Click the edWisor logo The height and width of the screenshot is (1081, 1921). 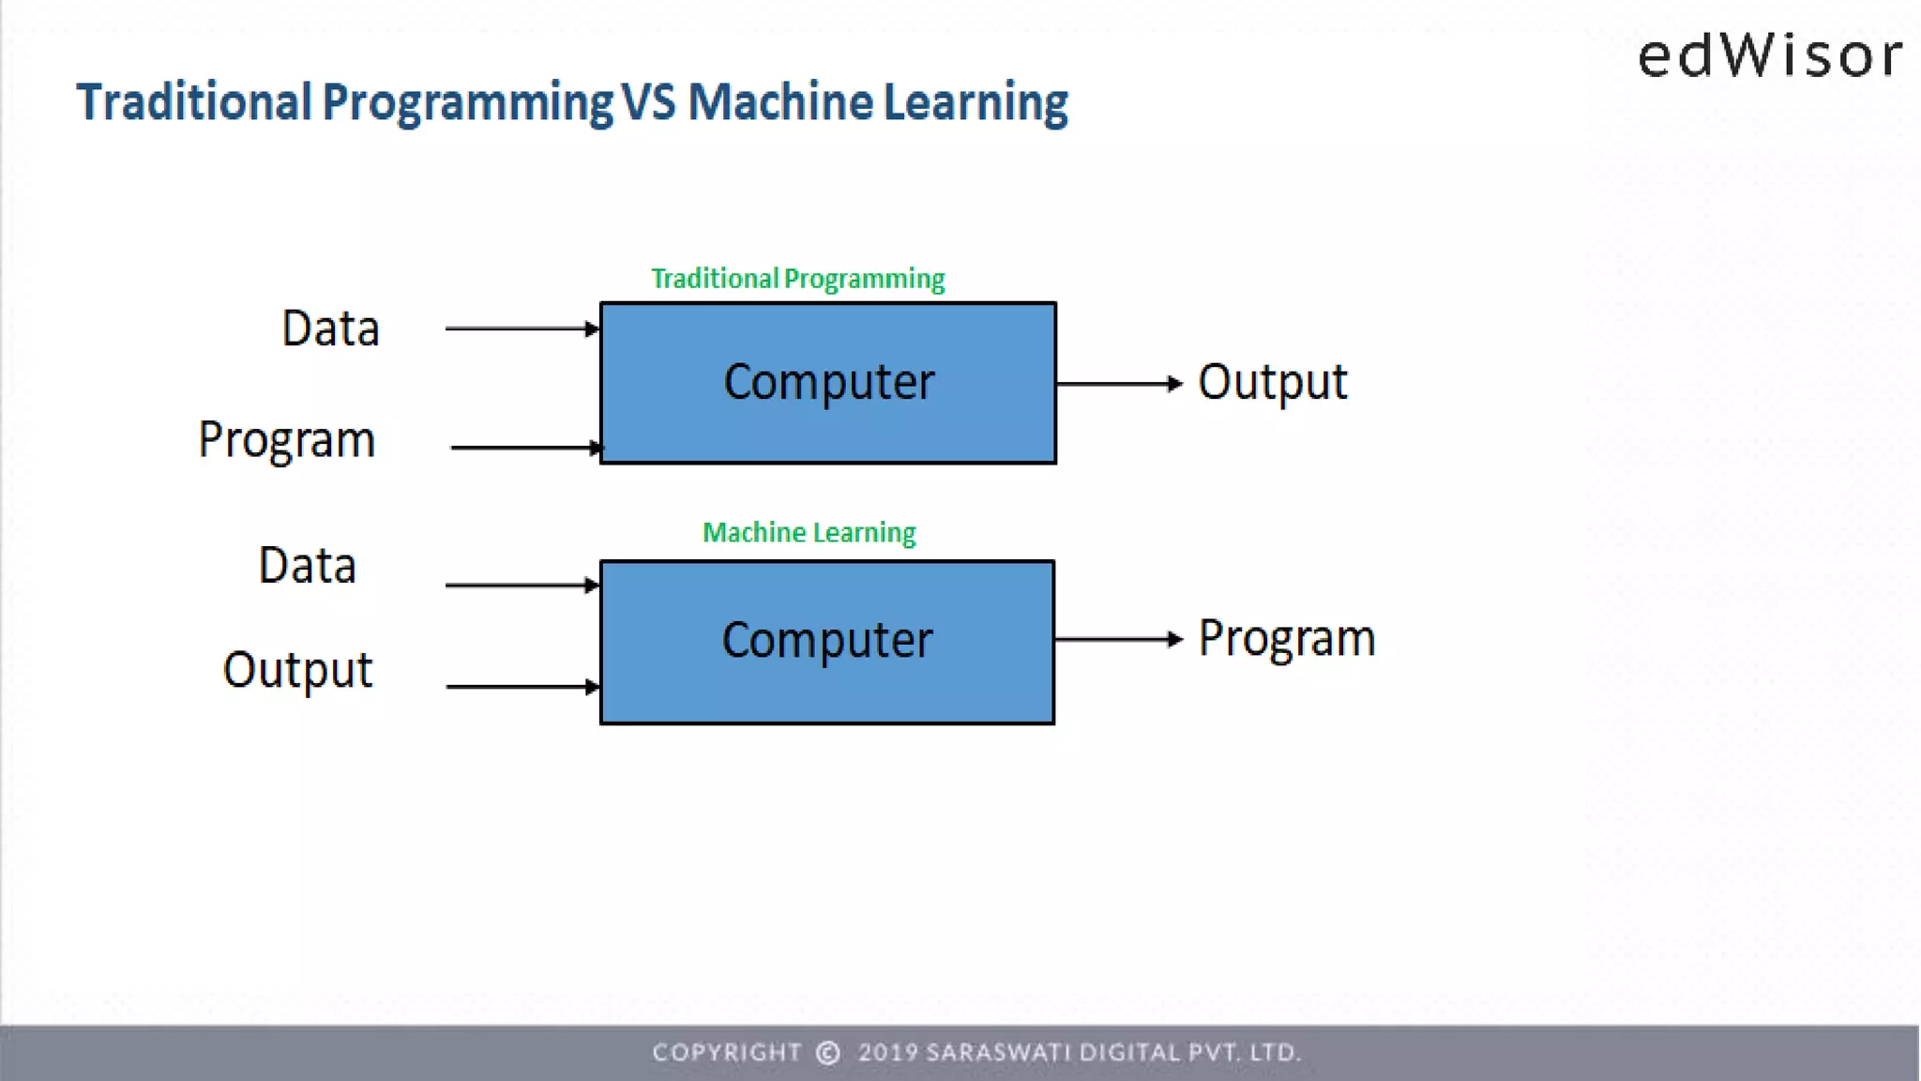coord(1770,55)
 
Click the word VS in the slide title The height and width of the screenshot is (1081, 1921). coord(648,102)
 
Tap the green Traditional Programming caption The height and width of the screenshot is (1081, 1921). coord(797,279)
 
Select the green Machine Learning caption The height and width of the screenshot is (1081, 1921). coord(809,533)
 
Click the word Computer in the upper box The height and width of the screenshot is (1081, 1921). coord(828,382)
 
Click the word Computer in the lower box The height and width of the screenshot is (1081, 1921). coord(826,640)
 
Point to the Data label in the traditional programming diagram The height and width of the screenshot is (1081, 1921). coord(330,328)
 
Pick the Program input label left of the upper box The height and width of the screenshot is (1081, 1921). coord(286,440)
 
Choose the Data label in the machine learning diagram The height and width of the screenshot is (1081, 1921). coord(307,566)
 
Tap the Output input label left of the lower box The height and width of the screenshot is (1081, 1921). coord(297,670)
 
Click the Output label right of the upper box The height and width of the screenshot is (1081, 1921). coord(1272,382)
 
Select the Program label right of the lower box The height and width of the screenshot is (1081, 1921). coord(1286,639)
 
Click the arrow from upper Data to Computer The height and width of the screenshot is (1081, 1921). coord(522,328)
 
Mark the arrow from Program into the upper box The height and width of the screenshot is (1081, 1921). coord(525,448)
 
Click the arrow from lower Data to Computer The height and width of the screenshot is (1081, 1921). coord(522,585)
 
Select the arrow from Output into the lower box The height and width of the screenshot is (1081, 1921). coord(522,686)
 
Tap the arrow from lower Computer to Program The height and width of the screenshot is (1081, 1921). coord(1118,639)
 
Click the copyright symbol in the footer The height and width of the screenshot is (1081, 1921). coord(827,1053)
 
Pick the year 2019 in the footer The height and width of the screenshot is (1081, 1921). coord(887,1053)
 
